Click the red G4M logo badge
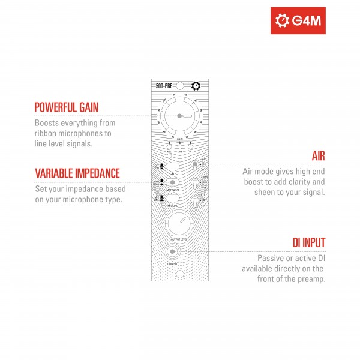298,21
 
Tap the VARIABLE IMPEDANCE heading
77,173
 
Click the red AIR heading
318,156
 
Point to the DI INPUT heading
308,242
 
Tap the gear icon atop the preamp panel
196,86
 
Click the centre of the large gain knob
179,115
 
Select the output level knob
179,224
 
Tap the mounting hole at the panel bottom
179,275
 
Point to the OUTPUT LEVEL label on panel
179,239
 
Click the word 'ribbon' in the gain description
46,133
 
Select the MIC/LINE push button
173,198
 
